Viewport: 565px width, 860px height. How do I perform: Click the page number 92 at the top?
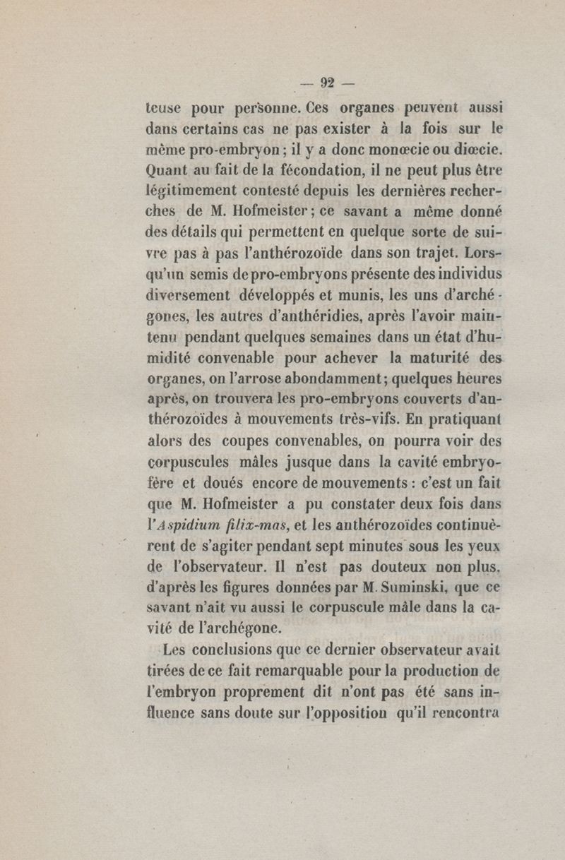tap(327, 82)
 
